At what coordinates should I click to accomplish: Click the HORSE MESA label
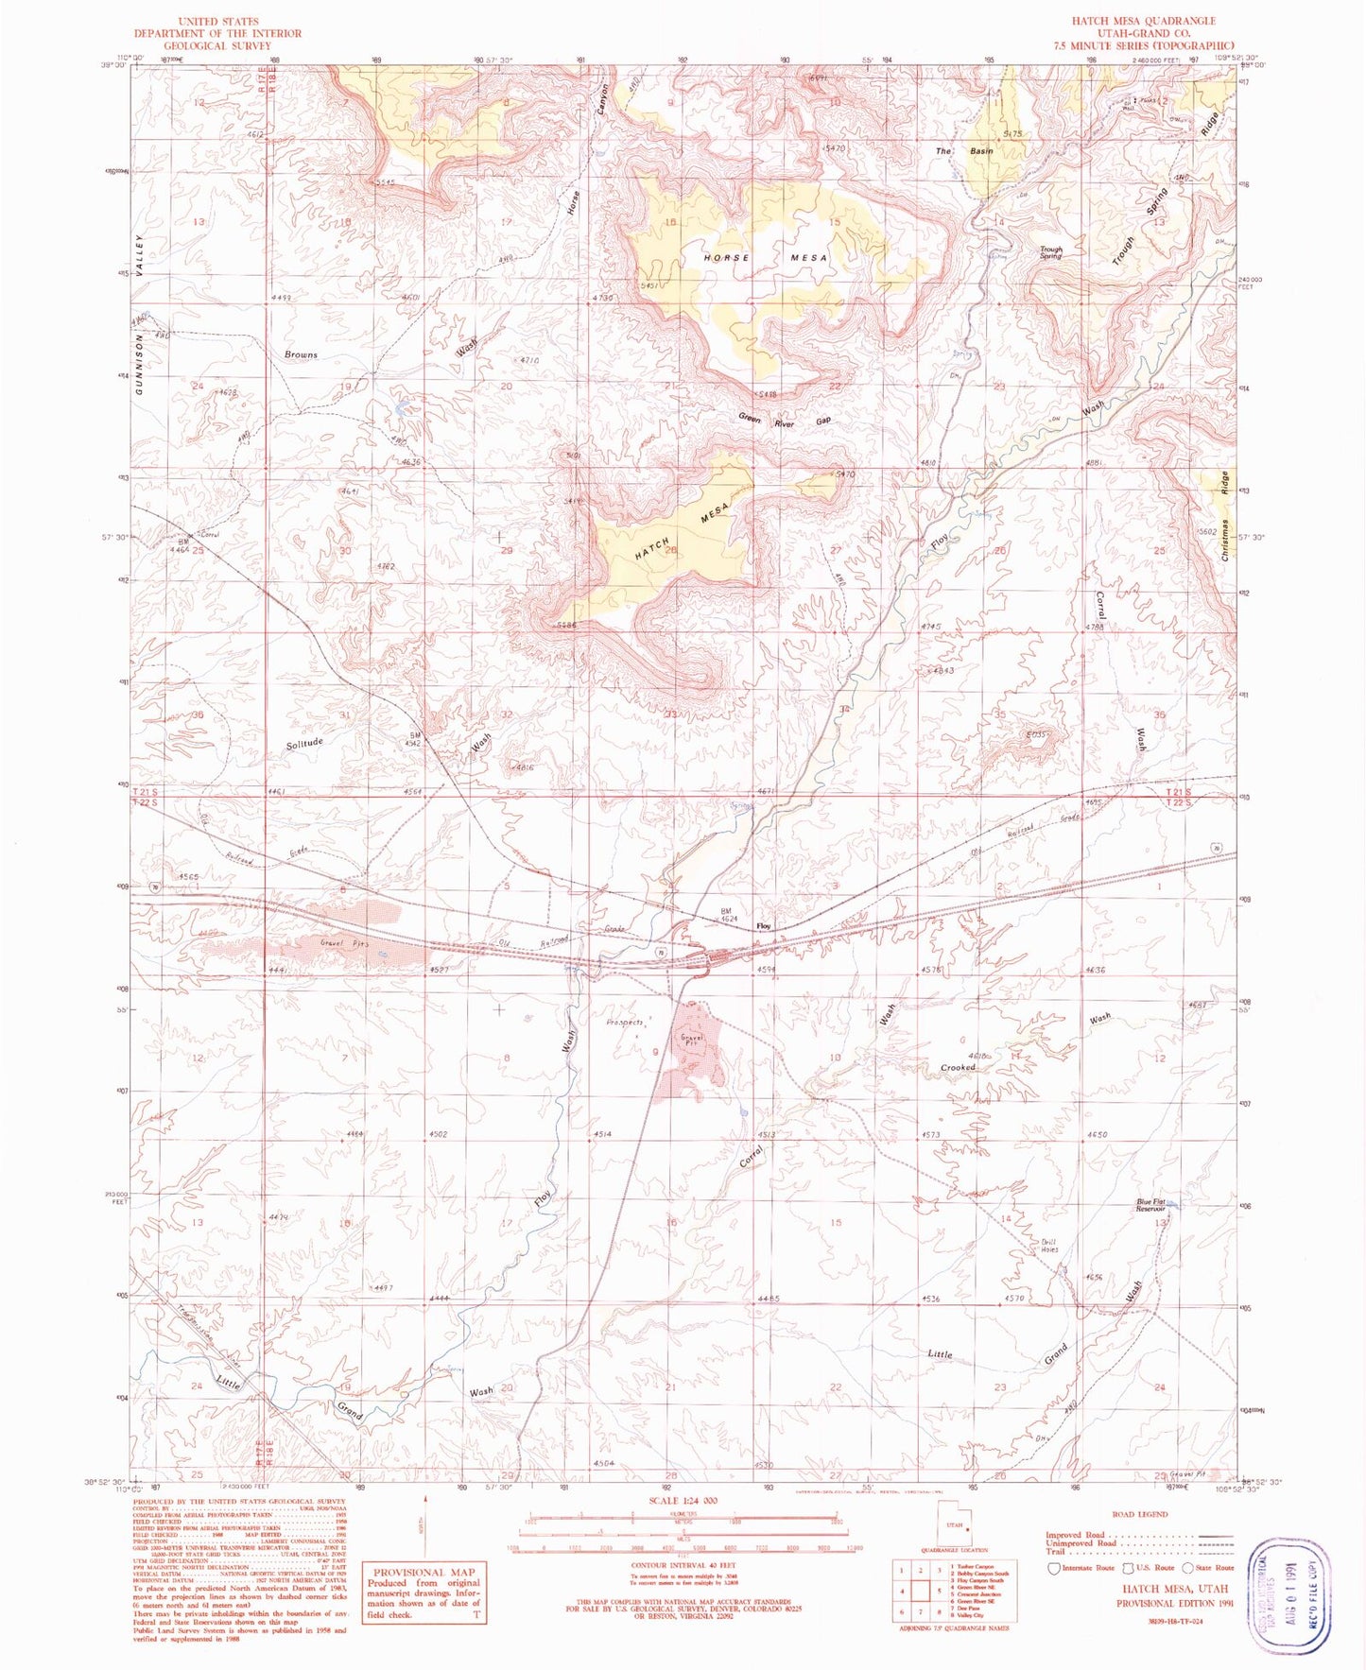765,258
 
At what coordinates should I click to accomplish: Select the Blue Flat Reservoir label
1150,1206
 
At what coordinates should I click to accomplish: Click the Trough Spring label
1050,253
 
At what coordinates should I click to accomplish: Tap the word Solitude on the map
304,743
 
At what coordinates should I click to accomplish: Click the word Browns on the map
301,354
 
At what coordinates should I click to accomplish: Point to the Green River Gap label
785,421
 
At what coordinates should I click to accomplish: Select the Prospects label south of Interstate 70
624,1023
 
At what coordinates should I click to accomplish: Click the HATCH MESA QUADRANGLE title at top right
1142,20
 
